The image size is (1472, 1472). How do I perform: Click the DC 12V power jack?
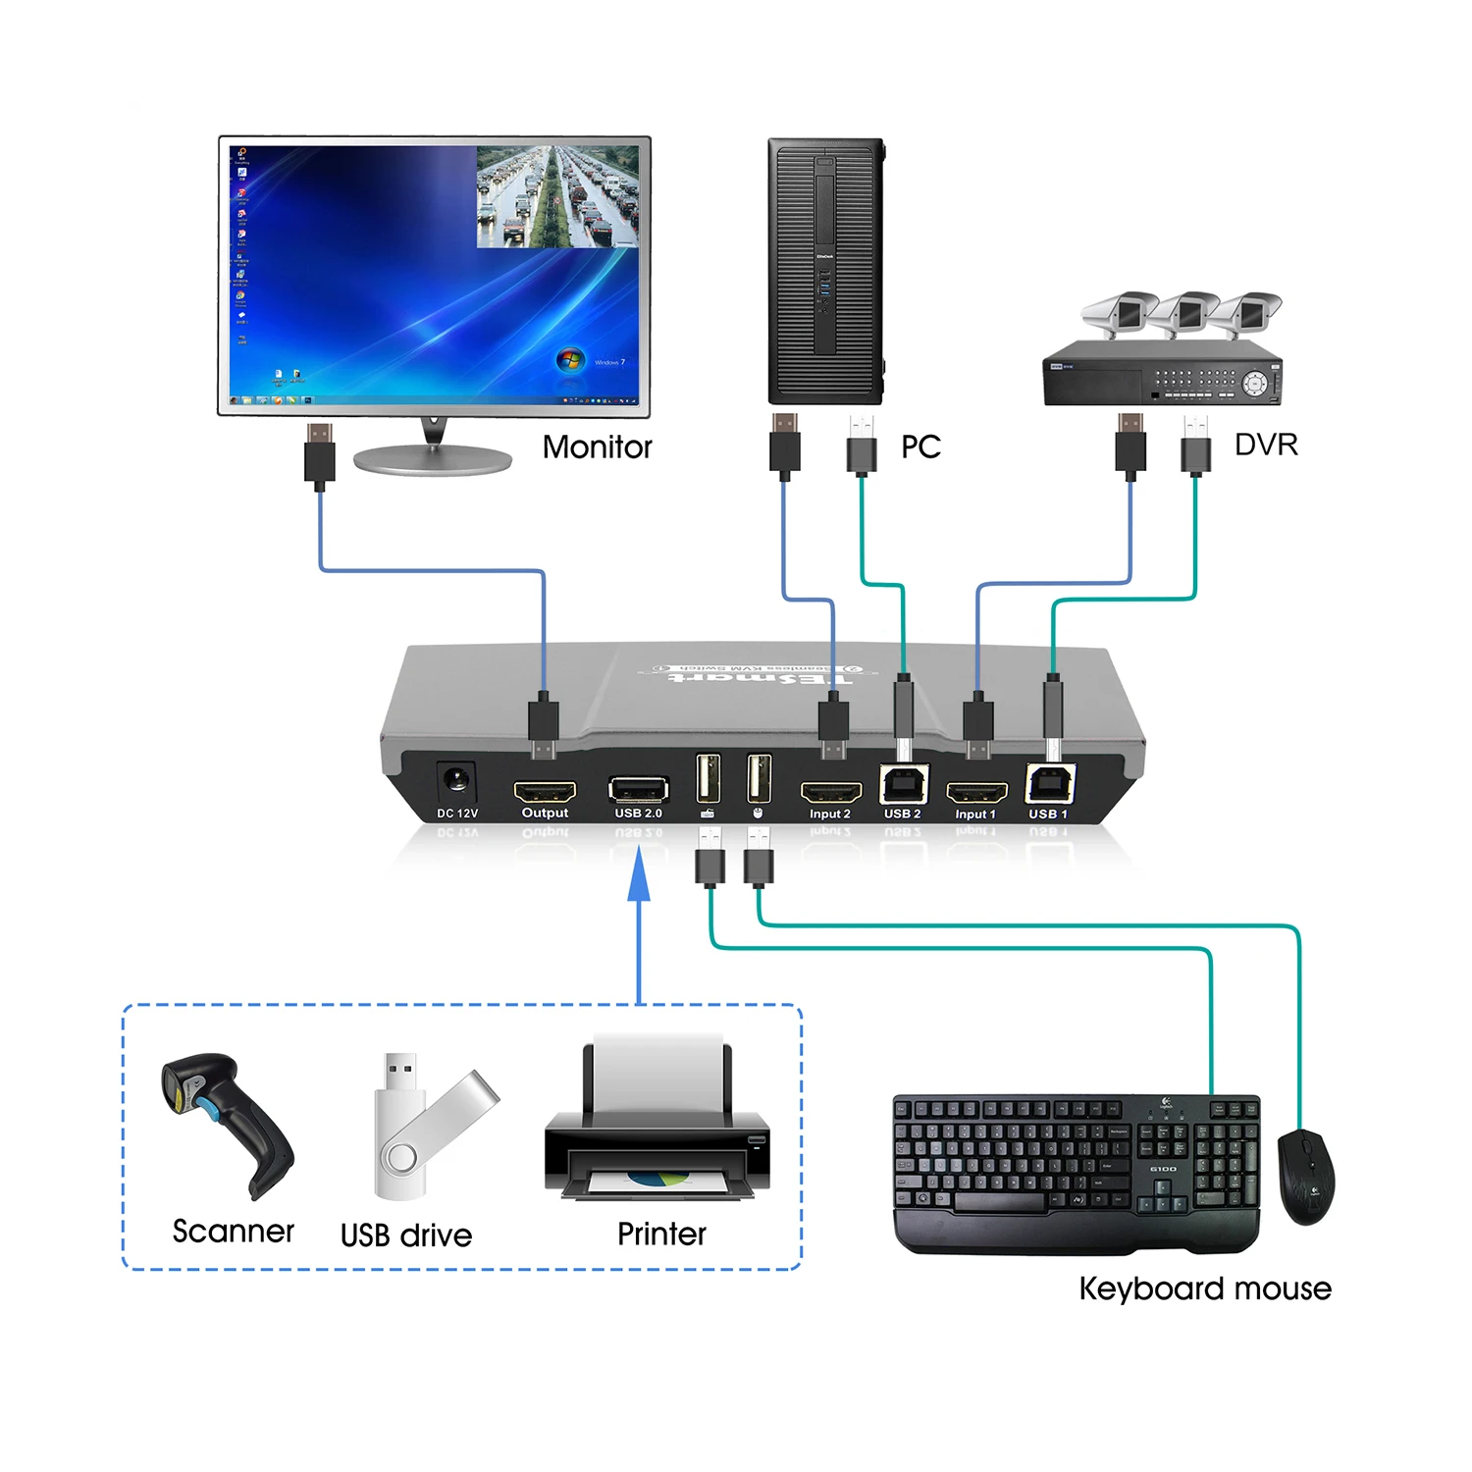point(455,782)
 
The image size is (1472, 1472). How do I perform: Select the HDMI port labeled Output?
point(545,791)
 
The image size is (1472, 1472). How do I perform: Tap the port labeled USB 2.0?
point(639,789)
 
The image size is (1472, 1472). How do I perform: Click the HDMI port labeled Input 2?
point(831,791)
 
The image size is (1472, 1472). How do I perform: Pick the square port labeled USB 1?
point(1049,784)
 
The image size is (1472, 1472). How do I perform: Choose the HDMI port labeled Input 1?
point(976,791)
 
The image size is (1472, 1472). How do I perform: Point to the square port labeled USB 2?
point(904,785)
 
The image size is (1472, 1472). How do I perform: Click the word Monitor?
point(597,447)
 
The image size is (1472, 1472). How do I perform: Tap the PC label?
point(920,447)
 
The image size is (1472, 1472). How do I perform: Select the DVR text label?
point(1266,445)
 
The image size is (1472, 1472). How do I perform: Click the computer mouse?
point(1306,1176)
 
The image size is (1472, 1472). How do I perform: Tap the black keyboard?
point(1076,1172)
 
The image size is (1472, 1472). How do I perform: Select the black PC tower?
point(825,271)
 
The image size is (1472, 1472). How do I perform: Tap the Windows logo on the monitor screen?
point(570,358)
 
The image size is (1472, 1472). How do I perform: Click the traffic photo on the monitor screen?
point(557,197)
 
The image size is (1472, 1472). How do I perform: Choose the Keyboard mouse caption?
point(1205,1288)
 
